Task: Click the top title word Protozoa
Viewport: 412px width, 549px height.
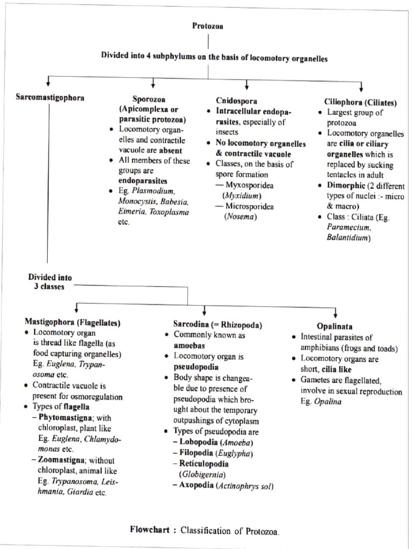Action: pos(208,26)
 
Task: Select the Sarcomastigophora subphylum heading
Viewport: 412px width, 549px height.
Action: pos(50,98)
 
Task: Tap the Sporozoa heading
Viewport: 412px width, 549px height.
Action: pos(149,99)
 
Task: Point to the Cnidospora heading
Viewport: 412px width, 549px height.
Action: pos(237,101)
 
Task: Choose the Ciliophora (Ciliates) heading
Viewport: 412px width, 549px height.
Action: pos(360,102)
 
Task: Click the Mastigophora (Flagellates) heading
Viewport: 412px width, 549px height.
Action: pos(72,323)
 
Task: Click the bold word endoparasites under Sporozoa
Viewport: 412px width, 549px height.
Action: pos(143,181)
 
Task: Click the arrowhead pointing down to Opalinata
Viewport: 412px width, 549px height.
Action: pos(335,313)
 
